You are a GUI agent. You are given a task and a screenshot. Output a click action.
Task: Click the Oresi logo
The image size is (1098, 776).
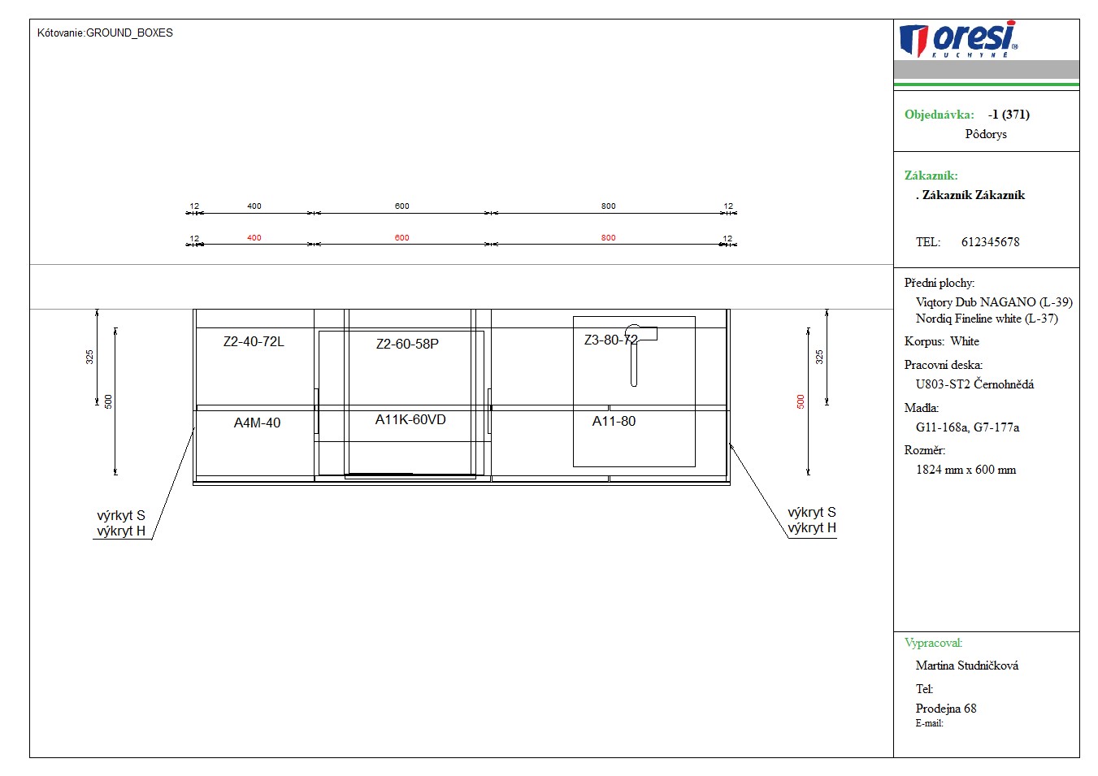pyautogui.click(x=958, y=39)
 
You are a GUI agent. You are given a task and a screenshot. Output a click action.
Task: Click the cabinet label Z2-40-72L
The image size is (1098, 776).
pyautogui.click(x=254, y=341)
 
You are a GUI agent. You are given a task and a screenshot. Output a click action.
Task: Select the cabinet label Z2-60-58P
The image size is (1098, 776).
pyautogui.click(x=407, y=345)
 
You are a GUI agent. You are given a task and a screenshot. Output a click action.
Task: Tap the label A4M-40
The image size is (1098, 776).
pyautogui.click(x=257, y=423)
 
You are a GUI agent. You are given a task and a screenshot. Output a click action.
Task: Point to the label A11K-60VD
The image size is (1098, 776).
pyautogui.click(x=410, y=419)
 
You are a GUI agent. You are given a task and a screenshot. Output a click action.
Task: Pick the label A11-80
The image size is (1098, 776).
pyautogui.click(x=614, y=421)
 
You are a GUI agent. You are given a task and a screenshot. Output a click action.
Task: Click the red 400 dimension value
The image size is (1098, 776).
pyautogui.click(x=254, y=238)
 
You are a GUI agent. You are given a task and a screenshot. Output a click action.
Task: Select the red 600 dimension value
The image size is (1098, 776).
pyautogui.click(x=402, y=238)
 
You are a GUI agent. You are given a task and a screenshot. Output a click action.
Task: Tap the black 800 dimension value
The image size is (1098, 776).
pyautogui.click(x=608, y=206)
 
